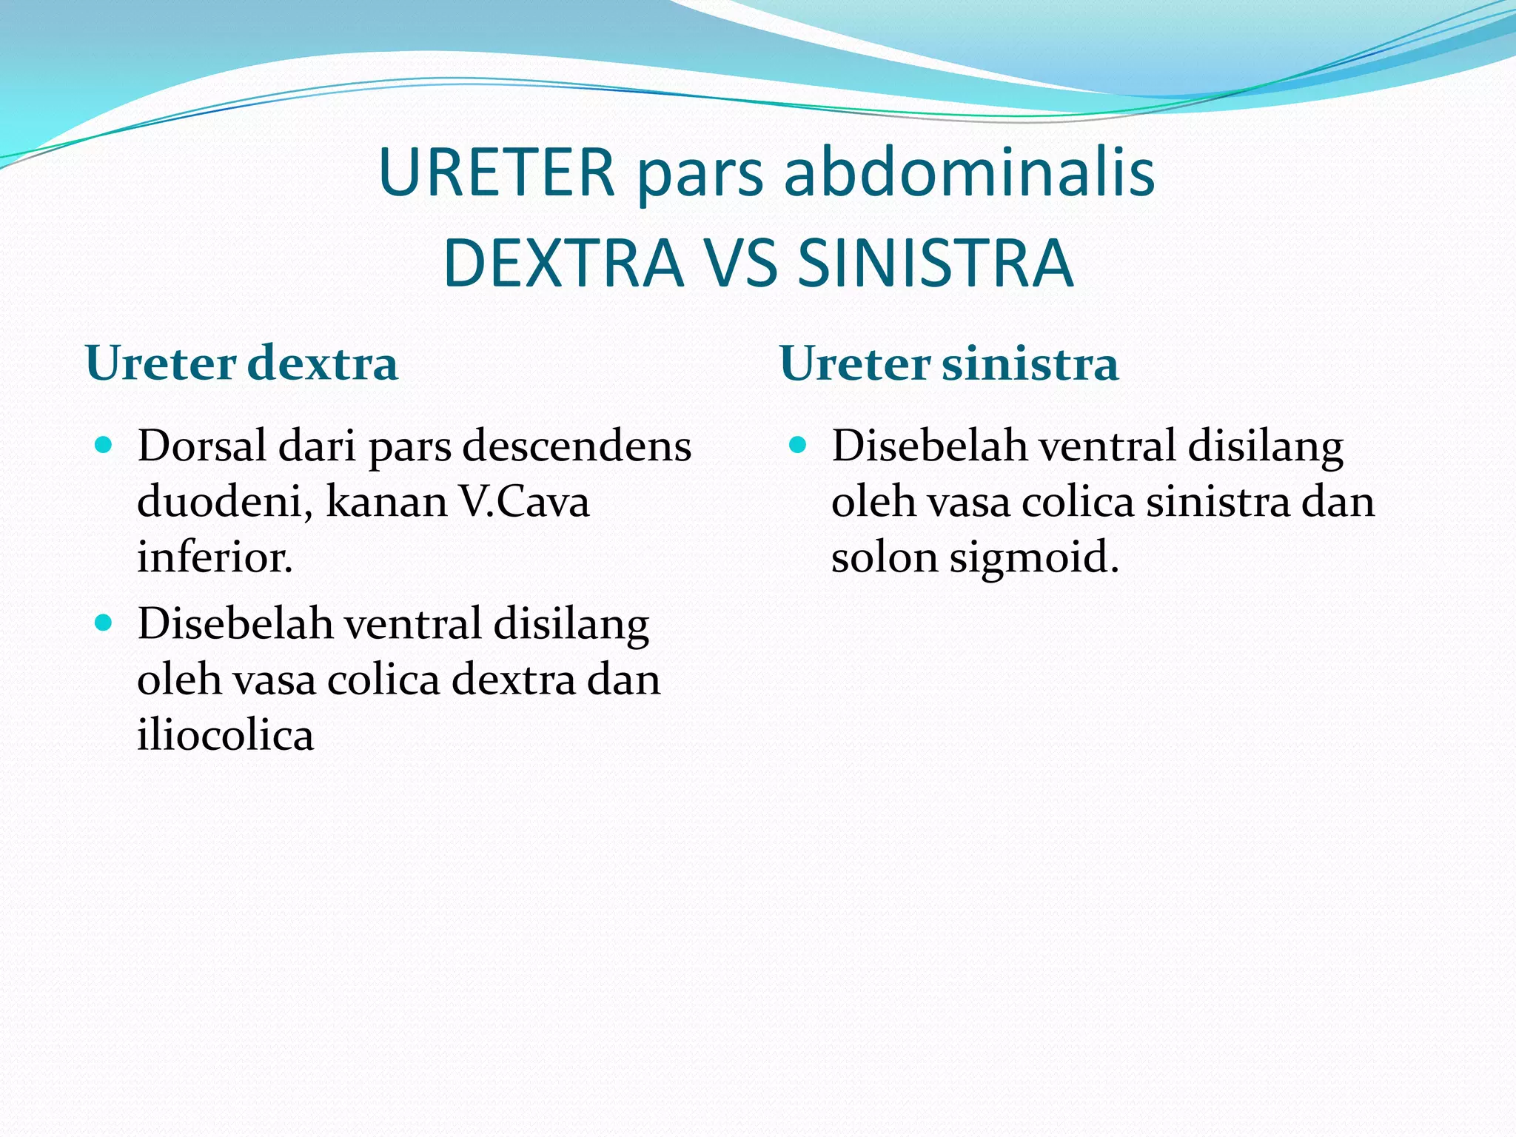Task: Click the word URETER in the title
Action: point(497,173)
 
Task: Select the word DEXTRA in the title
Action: point(563,264)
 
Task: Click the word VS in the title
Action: point(740,264)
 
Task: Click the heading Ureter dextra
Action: point(242,363)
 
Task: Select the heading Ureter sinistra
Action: point(949,363)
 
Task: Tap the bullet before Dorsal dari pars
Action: point(104,446)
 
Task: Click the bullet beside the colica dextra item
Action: point(104,623)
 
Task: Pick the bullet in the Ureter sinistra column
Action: point(797,446)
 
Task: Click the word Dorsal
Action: point(201,446)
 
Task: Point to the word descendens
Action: point(577,446)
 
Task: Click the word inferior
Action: point(214,557)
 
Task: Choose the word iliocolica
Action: point(225,735)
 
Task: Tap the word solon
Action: point(885,557)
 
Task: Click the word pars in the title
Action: point(700,178)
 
